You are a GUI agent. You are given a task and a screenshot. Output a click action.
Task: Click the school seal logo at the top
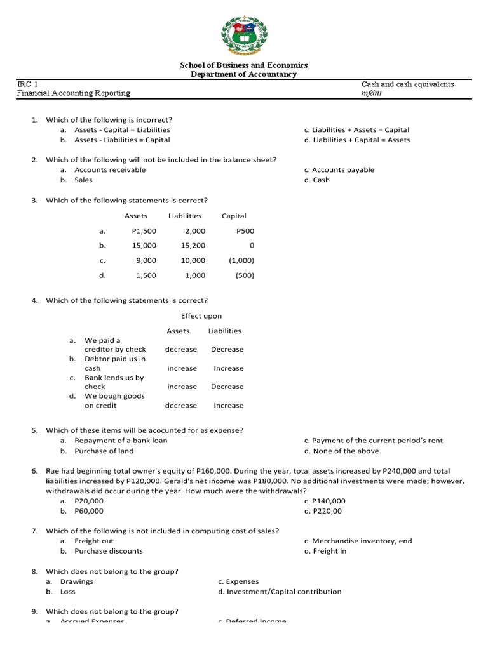click(243, 33)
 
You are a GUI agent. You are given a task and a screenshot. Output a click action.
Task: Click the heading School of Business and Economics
click(244, 65)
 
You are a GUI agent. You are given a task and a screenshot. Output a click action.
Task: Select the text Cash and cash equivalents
click(407, 84)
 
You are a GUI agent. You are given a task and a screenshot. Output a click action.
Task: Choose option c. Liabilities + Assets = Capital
click(356, 130)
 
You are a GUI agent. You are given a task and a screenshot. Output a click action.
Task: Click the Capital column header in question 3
click(234, 216)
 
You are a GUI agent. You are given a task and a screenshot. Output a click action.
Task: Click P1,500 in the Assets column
click(143, 231)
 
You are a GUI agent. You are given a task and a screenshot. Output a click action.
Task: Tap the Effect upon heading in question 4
click(201, 316)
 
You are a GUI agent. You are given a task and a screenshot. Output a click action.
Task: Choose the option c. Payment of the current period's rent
click(373, 441)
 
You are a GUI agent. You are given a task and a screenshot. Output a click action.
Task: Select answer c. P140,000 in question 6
click(324, 501)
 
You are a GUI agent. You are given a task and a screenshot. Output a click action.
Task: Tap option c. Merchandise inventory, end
click(358, 541)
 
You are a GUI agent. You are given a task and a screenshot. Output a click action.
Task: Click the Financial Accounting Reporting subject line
click(73, 93)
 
